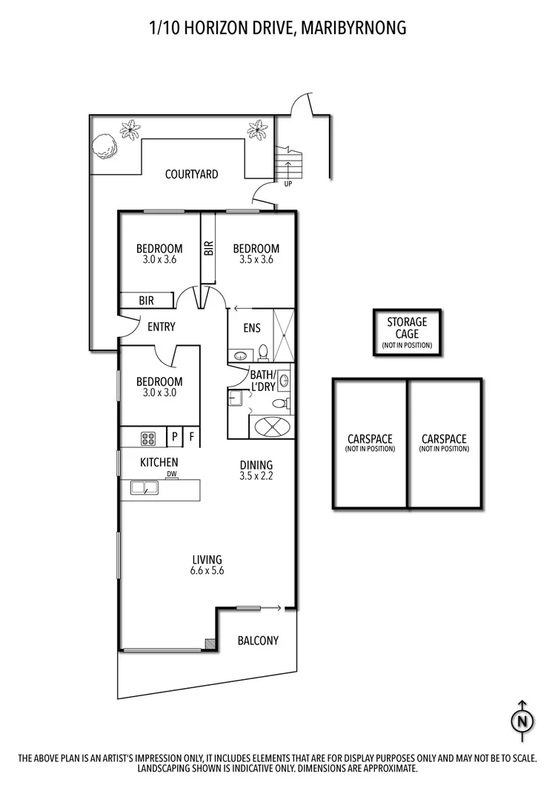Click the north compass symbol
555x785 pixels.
pos(523,720)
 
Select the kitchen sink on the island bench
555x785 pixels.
pos(143,487)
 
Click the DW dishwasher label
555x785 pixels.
pos(171,474)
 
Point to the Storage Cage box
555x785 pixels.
pos(406,333)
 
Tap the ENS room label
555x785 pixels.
pos(251,327)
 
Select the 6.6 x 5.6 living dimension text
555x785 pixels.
pos(207,571)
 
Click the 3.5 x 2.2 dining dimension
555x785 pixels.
pos(256,476)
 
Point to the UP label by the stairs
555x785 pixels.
pos(288,184)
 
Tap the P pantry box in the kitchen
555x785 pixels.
pos(175,437)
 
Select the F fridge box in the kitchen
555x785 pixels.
pos(191,437)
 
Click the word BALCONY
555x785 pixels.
pos(258,640)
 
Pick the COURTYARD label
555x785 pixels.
pos(191,175)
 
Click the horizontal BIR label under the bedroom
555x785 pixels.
pos(147,301)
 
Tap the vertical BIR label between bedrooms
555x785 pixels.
pos(208,248)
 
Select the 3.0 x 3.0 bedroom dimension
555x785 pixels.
pos(159,393)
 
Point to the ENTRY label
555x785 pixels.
pos(161,327)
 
